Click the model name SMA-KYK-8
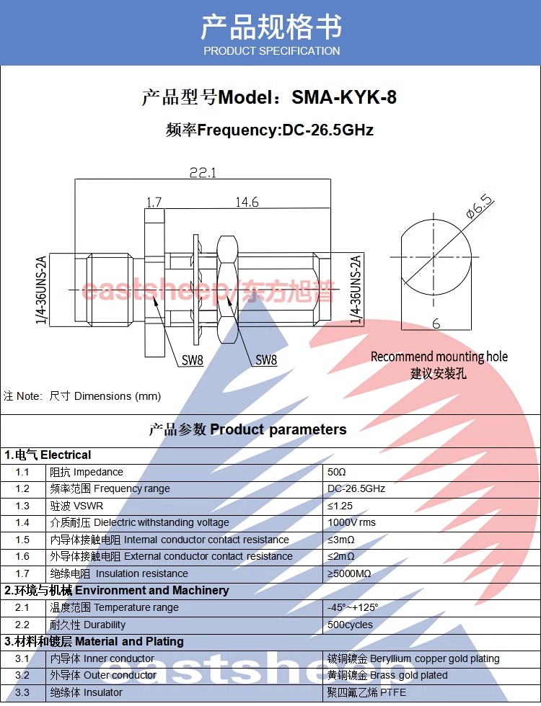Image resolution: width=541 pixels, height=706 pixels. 344,97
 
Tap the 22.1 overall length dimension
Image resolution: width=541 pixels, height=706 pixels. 203,172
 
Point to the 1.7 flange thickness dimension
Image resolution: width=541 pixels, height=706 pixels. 154,202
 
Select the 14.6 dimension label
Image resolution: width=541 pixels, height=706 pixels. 247,202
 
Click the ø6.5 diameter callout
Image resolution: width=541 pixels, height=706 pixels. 480,206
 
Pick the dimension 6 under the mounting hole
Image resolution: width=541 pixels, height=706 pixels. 436,323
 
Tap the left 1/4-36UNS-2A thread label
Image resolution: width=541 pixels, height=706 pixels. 41,290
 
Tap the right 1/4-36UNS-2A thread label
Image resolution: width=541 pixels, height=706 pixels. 356,290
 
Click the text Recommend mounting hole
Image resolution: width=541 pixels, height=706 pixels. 439,357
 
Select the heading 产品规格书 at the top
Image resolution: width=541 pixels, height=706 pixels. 271,27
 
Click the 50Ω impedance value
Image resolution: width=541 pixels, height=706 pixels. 336,472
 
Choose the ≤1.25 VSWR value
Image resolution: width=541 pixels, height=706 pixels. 340,506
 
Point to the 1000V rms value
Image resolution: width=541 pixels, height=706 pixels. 351,522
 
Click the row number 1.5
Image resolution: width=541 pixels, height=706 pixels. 22,540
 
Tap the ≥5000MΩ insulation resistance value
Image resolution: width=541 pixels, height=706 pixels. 349,573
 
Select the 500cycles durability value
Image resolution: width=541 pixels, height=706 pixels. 350,625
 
